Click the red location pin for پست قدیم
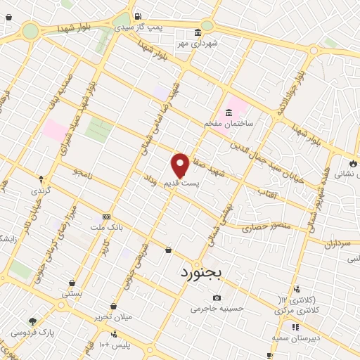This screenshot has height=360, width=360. coord(180,166)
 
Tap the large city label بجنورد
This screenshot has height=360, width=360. coord(202,270)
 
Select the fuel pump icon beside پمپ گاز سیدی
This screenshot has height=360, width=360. coord(137,17)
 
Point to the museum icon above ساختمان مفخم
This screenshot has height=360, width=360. coord(229,113)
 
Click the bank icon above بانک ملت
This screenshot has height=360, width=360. coord(106,217)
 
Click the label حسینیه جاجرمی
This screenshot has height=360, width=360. coord(216,307)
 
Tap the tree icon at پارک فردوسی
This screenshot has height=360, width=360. coord(33,321)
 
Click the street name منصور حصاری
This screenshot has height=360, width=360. coord(261,229)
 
